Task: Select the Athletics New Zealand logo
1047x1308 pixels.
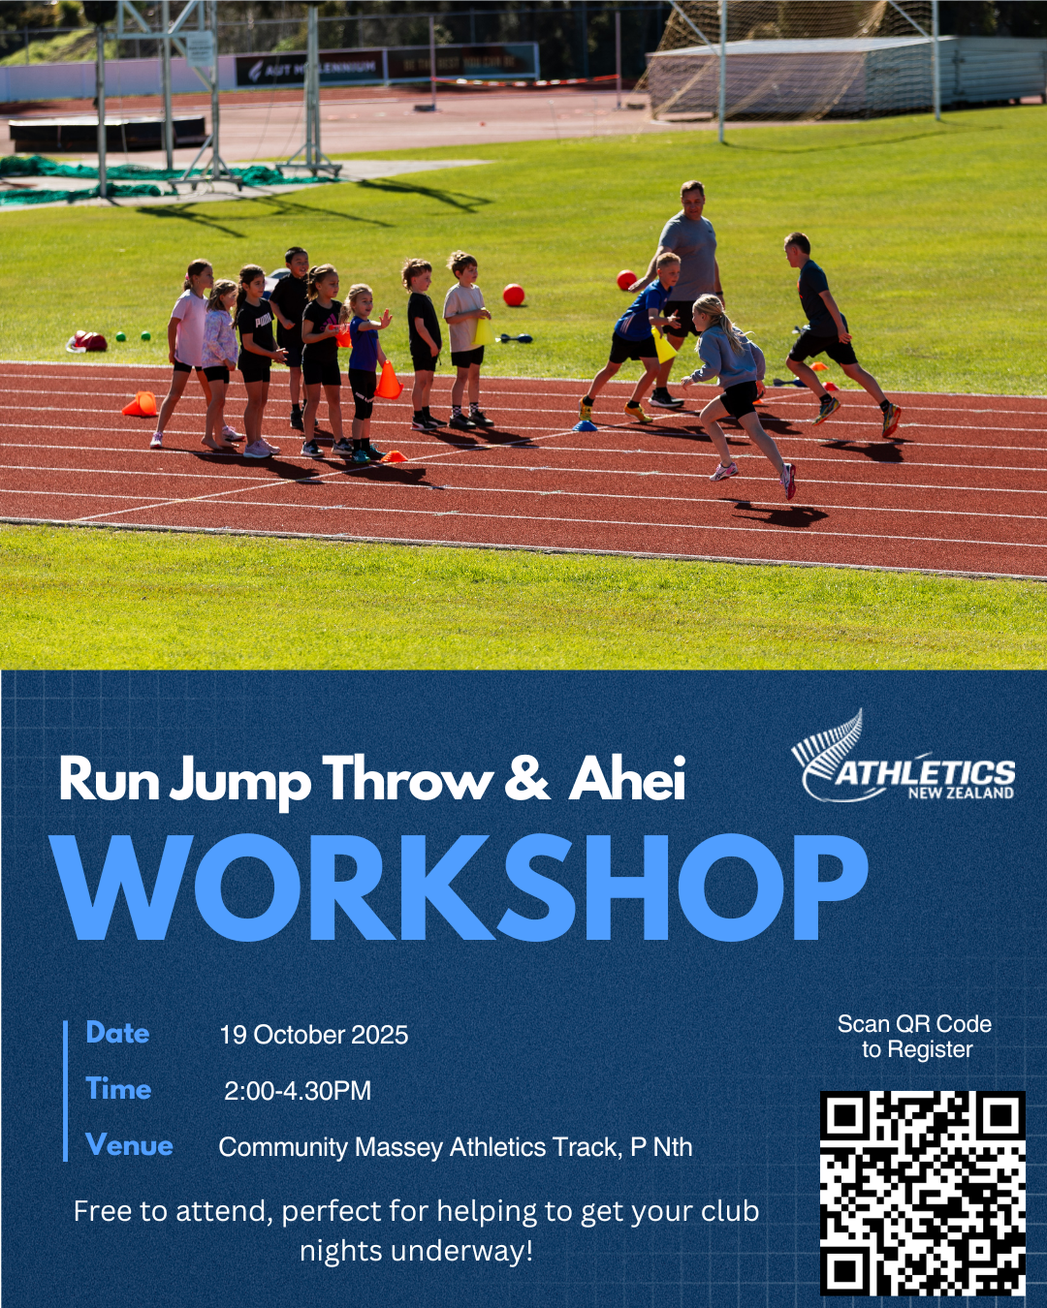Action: pos(903,756)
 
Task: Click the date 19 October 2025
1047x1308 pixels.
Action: pos(314,1035)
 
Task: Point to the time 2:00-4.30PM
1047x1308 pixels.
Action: pos(298,1090)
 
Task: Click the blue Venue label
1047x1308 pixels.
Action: pos(129,1145)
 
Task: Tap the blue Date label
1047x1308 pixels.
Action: pos(117,1033)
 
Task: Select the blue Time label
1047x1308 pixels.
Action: pos(118,1089)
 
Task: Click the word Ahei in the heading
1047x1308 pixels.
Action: pos(626,779)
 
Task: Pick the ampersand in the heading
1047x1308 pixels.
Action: pos(526,779)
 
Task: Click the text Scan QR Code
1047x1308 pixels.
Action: pos(914,1023)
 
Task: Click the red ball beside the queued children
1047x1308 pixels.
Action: pos(514,296)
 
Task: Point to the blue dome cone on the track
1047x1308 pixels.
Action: pos(585,425)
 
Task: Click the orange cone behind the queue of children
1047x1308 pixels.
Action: pos(140,404)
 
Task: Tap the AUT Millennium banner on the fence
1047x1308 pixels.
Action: pos(310,68)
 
